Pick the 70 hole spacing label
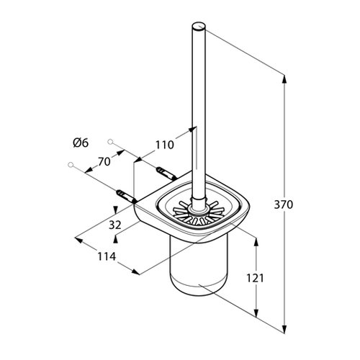[x=104, y=162]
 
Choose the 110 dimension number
[x=165, y=145]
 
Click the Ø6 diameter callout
[x=80, y=143]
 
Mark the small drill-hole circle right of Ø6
[x=111, y=141]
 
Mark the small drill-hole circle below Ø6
[x=71, y=165]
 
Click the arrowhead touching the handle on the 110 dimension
[x=191, y=132]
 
